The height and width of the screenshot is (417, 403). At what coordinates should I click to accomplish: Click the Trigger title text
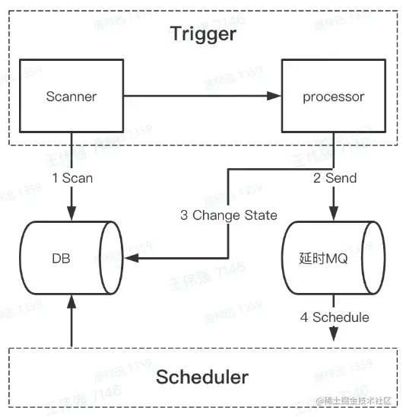[203, 33]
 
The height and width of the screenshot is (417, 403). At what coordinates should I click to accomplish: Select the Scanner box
[71, 97]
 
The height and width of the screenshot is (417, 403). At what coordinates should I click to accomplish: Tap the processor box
[333, 97]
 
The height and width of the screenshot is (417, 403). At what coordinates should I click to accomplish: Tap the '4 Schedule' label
[335, 317]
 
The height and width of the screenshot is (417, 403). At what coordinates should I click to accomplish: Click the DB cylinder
[71, 259]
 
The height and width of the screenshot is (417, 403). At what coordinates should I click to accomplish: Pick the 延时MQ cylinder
[332, 259]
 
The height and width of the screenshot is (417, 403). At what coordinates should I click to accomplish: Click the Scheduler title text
[202, 377]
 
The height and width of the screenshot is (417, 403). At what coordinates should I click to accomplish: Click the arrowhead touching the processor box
[276, 97]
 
